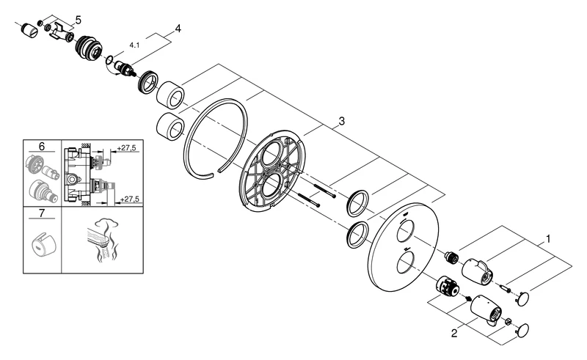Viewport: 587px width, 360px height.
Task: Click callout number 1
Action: [x=547, y=239]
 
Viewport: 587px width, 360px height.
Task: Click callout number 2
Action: [x=455, y=334]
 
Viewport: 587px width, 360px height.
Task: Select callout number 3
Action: [x=340, y=120]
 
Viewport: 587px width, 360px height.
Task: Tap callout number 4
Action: [x=177, y=29]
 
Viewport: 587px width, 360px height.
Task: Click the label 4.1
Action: [x=134, y=45]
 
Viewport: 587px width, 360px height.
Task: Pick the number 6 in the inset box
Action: [x=41, y=147]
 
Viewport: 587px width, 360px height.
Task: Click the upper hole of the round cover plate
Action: [x=404, y=234]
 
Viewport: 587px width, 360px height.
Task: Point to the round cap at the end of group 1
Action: [x=524, y=297]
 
